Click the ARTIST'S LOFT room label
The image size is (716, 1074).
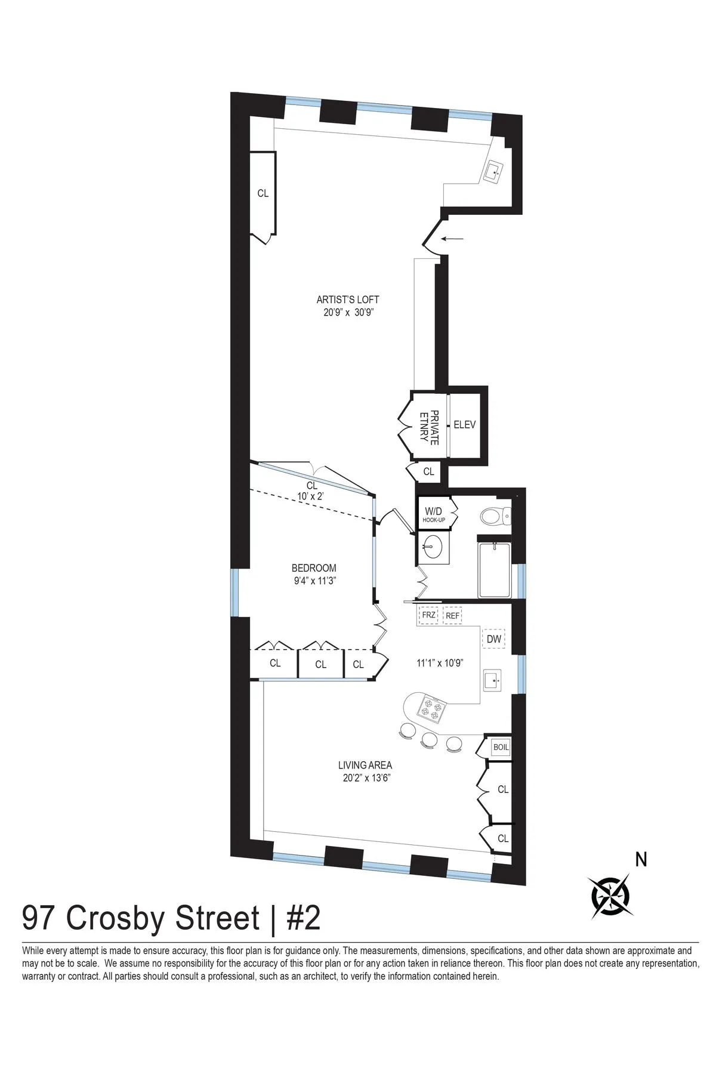348,300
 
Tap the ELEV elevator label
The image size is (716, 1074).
464,425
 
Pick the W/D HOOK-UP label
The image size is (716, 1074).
434,513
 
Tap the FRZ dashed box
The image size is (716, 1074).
428,615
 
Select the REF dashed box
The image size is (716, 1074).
453,615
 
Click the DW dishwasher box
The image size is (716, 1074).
493,639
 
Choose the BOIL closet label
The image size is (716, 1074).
500,747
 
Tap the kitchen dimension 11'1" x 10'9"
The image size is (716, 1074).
440,662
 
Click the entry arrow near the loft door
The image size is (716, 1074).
454,239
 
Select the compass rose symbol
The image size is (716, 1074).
610,896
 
